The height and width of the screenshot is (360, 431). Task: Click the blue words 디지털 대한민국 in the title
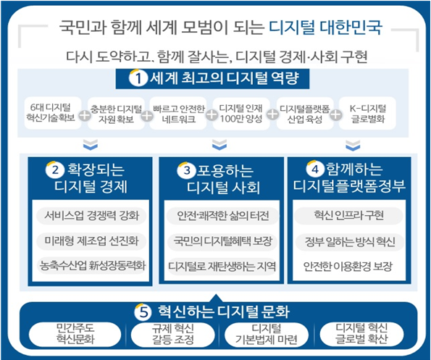325,27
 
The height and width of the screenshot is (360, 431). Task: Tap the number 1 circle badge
138,78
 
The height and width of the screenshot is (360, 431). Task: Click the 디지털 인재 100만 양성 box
241,113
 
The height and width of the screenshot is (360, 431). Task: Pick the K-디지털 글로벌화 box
367,113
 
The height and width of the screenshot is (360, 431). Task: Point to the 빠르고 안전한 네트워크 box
178,113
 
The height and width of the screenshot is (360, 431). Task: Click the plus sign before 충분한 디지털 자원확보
84,115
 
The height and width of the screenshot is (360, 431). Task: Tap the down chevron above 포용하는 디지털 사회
219,145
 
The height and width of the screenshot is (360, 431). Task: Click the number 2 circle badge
55,169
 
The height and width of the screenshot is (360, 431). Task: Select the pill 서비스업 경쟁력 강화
91,215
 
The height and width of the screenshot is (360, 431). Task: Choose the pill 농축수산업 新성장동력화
91,265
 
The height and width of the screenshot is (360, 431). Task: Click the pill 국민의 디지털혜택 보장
222,241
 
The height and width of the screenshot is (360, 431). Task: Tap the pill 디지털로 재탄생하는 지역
222,266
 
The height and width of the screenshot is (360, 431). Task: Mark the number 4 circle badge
315,169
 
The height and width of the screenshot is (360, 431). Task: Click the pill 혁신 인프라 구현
349,215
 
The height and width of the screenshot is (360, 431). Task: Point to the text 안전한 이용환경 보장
348,267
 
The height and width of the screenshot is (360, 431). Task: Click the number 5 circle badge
143,312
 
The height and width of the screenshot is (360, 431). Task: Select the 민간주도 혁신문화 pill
75,333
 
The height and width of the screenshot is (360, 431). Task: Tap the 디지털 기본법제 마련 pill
266,334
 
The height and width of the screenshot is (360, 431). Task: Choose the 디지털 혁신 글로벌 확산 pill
361,333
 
